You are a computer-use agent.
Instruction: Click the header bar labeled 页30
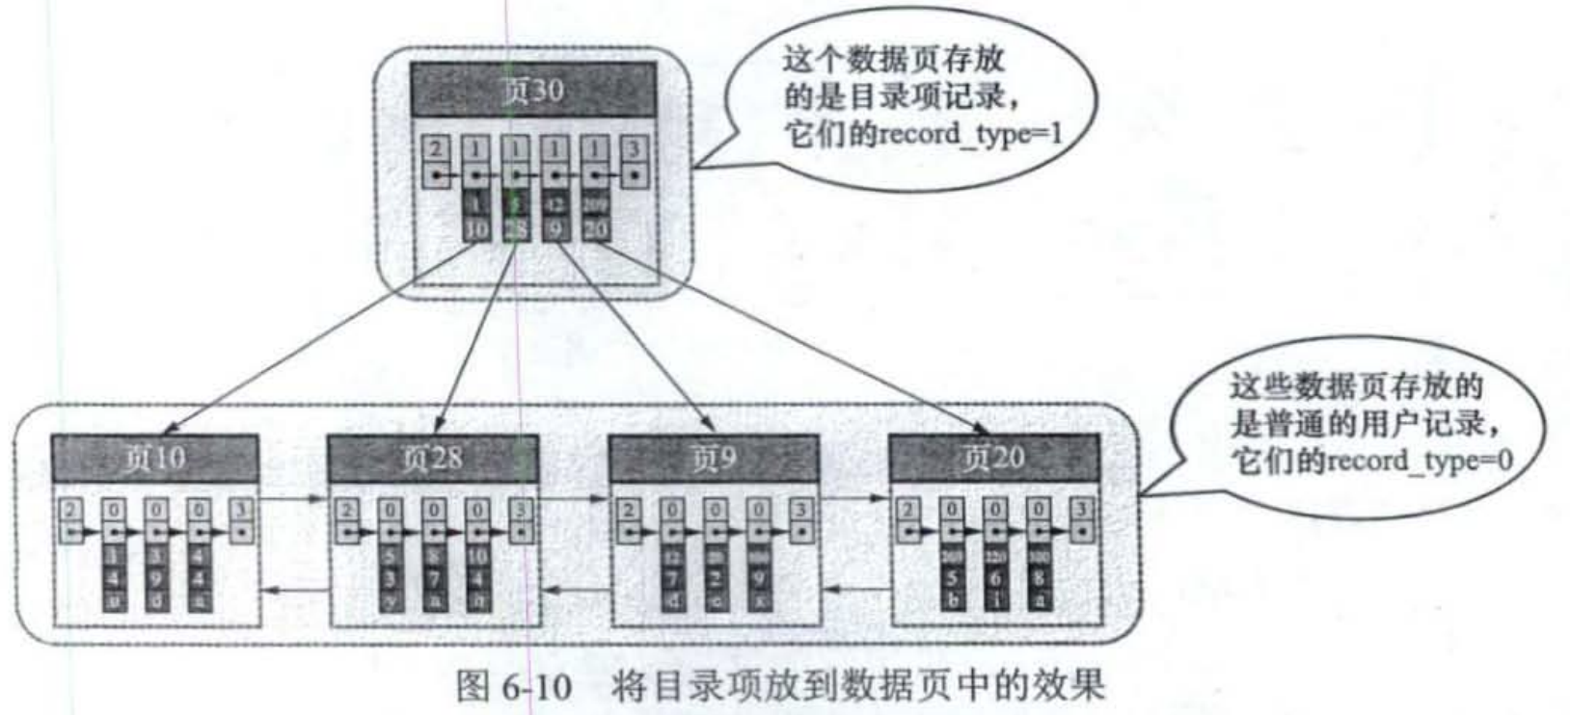tap(533, 91)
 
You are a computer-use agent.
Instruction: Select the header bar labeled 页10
tap(154, 459)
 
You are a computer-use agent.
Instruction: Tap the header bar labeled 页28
tap(432, 459)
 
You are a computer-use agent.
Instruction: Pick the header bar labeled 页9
tap(714, 459)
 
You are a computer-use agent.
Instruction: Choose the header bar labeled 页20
tap(993, 459)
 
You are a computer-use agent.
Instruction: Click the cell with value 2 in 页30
tap(437, 149)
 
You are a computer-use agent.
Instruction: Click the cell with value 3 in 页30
tap(634, 149)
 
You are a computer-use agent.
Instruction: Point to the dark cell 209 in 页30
tap(595, 205)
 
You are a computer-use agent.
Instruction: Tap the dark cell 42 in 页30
tap(555, 205)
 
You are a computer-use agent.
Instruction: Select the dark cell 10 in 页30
tap(476, 229)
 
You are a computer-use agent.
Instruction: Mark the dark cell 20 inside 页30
tap(595, 229)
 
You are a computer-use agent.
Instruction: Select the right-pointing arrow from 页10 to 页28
tap(293, 499)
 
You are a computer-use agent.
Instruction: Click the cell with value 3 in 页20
tap(1082, 509)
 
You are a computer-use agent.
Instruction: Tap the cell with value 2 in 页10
tap(71, 510)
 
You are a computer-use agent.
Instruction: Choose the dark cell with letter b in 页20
tap(951, 599)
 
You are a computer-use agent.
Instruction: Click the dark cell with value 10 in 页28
tap(477, 557)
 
